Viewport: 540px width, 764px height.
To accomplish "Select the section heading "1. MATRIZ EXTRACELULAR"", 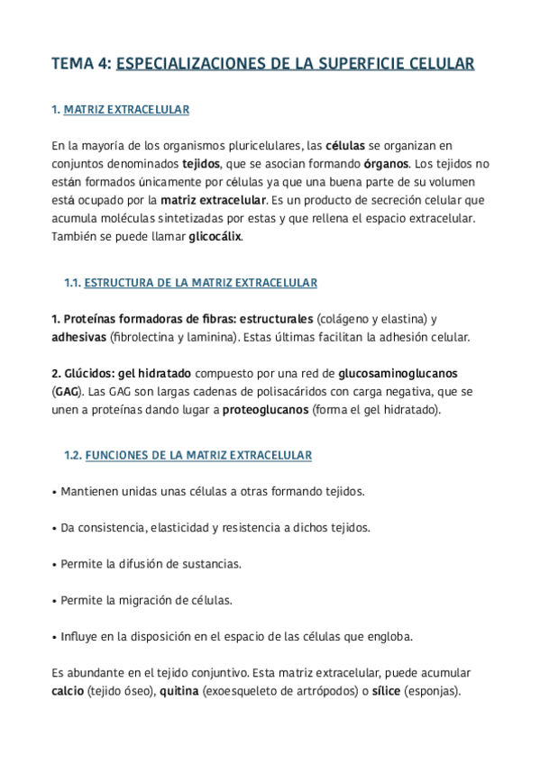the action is point(120,110).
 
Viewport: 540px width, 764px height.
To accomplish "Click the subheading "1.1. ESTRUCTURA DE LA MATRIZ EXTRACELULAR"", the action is point(190,283).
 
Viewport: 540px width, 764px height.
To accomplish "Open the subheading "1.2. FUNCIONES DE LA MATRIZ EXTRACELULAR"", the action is point(188,456).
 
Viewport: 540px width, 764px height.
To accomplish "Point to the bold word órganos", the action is point(386,164).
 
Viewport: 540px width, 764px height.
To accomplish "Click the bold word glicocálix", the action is point(215,237).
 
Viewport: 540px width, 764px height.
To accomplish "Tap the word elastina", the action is point(399,320).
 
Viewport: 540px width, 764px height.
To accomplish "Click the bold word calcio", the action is point(68,692).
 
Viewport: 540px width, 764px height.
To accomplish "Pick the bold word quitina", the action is point(178,692).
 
